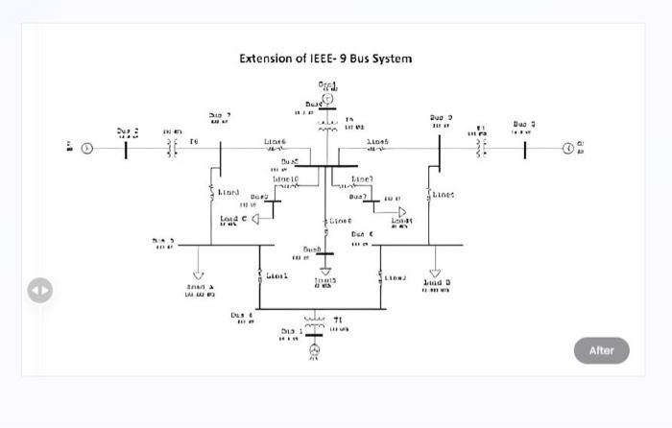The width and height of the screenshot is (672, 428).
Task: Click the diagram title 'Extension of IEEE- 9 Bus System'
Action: click(x=325, y=59)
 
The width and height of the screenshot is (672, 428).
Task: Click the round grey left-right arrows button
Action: click(x=39, y=289)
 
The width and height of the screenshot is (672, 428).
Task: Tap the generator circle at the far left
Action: click(x=86, y=148)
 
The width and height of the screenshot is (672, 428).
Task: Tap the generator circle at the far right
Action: click(x=568, y=148)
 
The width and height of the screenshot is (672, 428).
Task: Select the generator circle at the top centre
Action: click(x=326, y=98)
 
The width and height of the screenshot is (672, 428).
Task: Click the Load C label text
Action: click(x=232, y=219)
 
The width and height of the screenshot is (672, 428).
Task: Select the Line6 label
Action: click(x=275, y=141)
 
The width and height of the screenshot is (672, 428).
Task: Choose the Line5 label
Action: click(x=377, y=141)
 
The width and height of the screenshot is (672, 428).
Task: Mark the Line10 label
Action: click(x=285, y=179)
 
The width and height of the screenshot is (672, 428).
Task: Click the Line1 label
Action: click(x=276, y=276)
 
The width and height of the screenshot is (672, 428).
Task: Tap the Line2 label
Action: click(x=395, y=277)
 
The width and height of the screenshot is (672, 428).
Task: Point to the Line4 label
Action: click(x=444, y=194)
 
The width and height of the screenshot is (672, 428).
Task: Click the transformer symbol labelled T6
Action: click(x=173, y=148)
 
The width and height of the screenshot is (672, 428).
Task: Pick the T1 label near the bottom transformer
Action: click(x=338, y=320)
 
